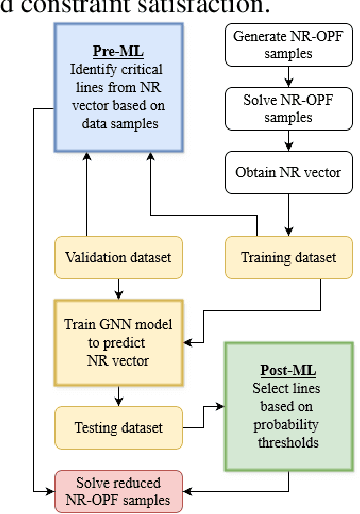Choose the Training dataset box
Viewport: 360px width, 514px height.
[288, 258]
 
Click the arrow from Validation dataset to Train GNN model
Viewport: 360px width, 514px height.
[118, 287]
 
